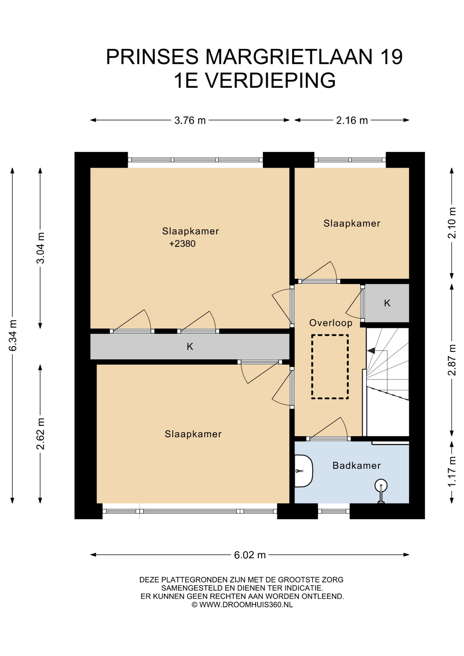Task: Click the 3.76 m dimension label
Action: tap(190, 120)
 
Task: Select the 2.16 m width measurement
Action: tap(352, 120)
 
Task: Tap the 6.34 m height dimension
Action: tap(13, 336)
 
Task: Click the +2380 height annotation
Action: tap(182, 244)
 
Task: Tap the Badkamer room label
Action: tap(356, 465)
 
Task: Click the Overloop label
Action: tap(331, 323)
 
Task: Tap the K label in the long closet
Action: tap(190, 346)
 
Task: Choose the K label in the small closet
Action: tap(387, 303)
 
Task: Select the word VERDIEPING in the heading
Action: tap(270, 81)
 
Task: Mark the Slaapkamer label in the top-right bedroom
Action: tap(352, 223)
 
